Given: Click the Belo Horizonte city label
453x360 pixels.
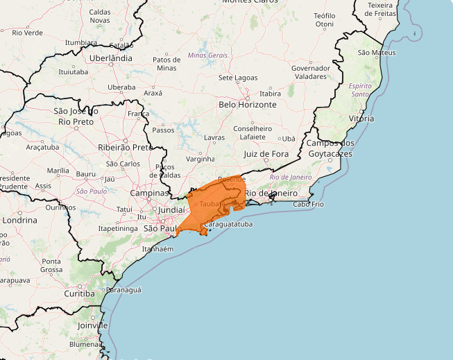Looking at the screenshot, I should (x=247, y=105).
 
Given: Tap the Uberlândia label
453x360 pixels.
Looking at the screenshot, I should (x=111, y=58).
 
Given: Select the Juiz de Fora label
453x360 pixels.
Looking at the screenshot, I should (x=266, y=153).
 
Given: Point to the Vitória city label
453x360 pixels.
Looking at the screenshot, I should (x=361, y=119).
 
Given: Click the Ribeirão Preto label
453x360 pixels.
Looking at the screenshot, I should (x=125, y=147).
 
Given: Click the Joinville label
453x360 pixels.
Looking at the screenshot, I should (x=93, y=325).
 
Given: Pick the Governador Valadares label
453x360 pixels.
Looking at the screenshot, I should (x=310, y=73).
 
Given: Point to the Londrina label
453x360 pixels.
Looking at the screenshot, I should (x=19, y=220).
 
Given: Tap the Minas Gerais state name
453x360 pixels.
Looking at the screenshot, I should (x=207, y=55).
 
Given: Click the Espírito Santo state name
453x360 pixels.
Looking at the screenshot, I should (x=361, y=89).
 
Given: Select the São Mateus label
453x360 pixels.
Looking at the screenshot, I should (x=377, y=53).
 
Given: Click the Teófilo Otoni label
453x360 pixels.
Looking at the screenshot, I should (x=324, y=19).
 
